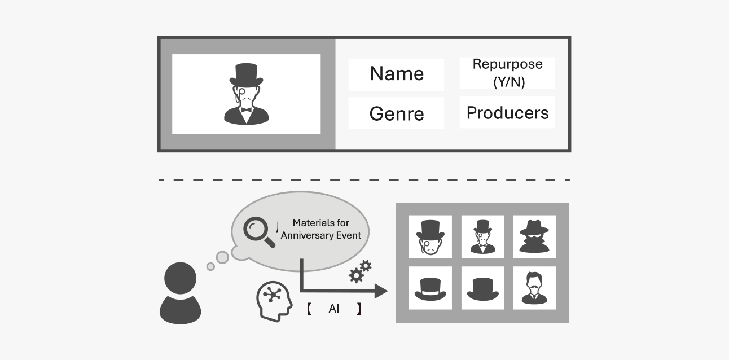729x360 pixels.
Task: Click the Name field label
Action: tap(396, 74)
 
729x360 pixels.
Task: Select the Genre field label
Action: tap(396, 113)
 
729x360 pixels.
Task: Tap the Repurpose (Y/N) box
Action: tap(507, 73)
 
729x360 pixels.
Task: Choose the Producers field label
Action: tap(507, 113)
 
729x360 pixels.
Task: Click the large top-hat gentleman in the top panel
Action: tap(246, 94)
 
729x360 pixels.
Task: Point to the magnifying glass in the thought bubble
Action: tap(258, 232)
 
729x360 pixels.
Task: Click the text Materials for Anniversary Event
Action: tap(321, 229)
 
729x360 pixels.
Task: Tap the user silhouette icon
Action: tap(181, 293)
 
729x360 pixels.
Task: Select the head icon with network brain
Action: tap(273, 301)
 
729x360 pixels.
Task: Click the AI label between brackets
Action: tap(333, 309)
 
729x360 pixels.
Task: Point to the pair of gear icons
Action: tap(359, 271)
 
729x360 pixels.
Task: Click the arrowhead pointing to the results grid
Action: tap(381, 291)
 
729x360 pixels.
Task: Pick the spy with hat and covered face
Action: tap(534, 236)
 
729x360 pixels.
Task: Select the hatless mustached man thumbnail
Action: tap(534, 288)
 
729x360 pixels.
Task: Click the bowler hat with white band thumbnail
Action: tap(430, 288)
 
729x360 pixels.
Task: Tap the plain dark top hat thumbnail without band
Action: tap(482, 288)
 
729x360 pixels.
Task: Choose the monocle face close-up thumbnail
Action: tap(430, 236)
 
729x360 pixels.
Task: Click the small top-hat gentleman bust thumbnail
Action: tap(482, 236)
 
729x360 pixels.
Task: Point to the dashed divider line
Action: tap(364, 180)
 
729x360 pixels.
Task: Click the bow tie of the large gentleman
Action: tap(246, 109)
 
